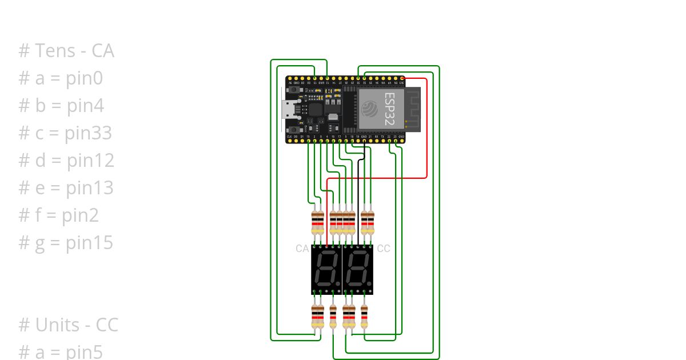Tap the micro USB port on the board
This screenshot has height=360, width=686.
coord(289,109)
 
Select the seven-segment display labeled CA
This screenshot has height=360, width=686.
coord(326,270)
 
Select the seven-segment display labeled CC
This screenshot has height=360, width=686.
coord(358,270)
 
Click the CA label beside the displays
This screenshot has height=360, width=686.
coord(302,249)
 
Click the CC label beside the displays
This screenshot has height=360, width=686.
coord(384,249)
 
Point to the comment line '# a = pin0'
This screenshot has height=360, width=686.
coord(61,78)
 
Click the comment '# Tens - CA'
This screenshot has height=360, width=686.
coord(66,51)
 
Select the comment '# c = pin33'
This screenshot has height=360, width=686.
coord(65,133)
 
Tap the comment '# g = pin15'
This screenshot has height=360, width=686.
coord(66,243)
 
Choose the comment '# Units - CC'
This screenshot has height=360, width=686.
coord(68,325)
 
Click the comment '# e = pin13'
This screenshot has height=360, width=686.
coord(66,188)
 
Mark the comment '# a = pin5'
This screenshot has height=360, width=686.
coord(61,352)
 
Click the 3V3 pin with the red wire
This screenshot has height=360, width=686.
coord(402,78)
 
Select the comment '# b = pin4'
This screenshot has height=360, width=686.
coord(61,106)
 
